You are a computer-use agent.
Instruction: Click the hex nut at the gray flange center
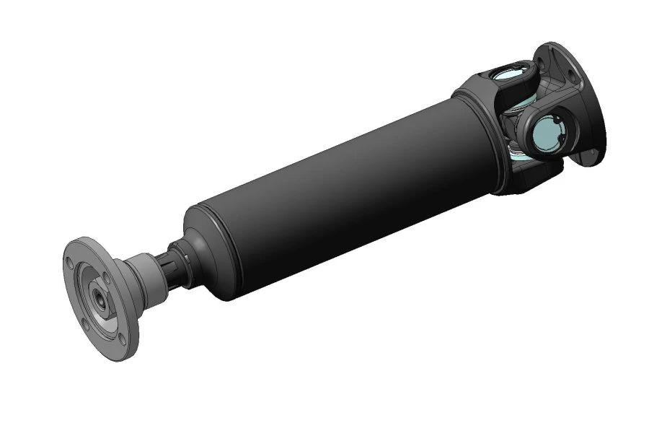96,296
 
